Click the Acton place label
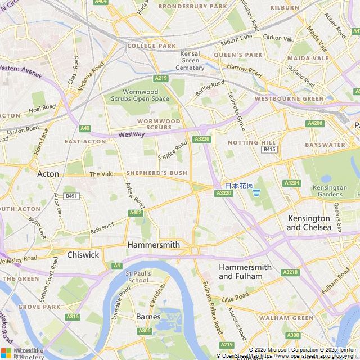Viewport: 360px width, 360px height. pyautogui.click(x=48, y=174)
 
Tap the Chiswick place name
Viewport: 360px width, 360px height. pyautogui.click(x=83, y=255)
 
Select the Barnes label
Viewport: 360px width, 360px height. pyautogui.click(x=148, y=317)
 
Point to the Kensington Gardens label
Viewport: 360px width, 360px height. pyautogui.click(x=331, y=191)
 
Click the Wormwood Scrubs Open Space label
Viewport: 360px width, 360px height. pyautogui.click(x=139, y=95)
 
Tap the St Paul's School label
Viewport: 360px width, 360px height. pyautogui.click(x=138, y=276)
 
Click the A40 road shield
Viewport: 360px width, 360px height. pyautogui.click(x=85, y=128)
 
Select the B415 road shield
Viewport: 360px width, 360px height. pyautogui.click(x=269, y=150)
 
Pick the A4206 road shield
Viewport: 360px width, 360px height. pyautogui.click(x=316, y=123)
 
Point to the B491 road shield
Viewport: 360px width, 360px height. pyautogui.click(x=71, y=196)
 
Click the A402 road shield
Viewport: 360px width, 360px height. pyautogui.click(x=136, y=213)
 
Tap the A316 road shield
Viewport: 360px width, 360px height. pyautogui.click(x=73, y=317)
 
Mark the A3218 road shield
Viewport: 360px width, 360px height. pyautogui.click(x=290, y=272)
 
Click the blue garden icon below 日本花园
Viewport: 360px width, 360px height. pyautogui.click(x=256, y=193)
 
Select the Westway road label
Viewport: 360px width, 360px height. pyautogui.click(x=131, y=134)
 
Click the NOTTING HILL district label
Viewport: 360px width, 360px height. pyautogui.click(x=244, y=143)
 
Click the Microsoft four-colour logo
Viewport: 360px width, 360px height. pyautogui.click(x=6, y=353)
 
